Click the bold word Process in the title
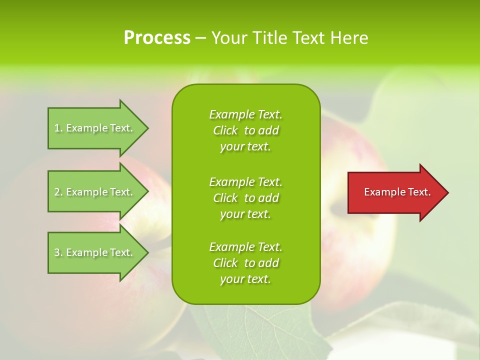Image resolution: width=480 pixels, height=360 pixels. coord(157,38)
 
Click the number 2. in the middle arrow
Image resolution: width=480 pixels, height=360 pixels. coord(58,192)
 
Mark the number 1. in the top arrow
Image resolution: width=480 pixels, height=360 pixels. coord(58,128)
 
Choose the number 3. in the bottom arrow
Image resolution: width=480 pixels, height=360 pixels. coord(58,252)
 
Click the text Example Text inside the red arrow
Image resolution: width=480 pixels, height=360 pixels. coord(397,192)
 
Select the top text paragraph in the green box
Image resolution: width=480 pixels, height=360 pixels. coord(245,130)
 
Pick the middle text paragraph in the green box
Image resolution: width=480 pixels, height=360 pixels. coord(245,198)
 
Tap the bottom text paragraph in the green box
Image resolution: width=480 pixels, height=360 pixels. coord(245,263)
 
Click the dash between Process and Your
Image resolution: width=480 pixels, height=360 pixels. coord(200,38)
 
